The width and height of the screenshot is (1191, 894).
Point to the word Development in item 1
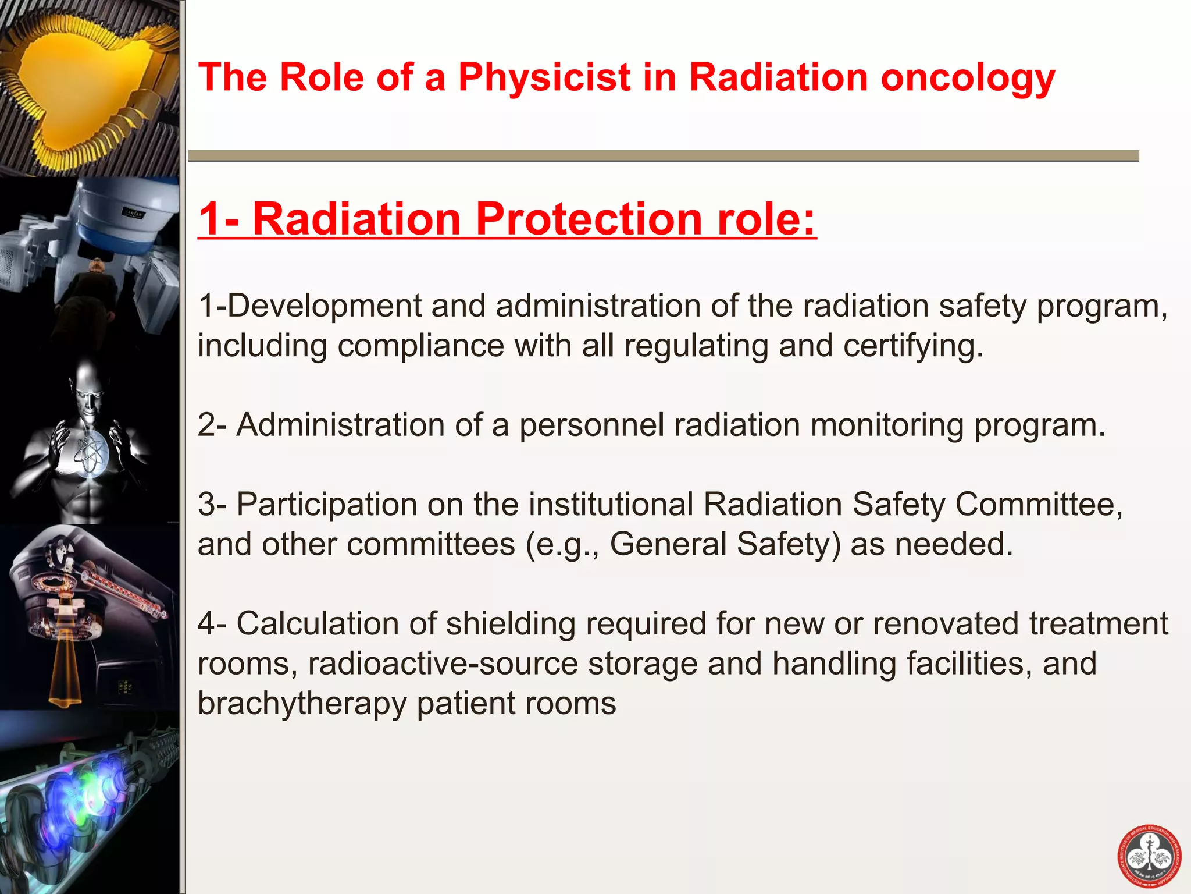pos(324,306)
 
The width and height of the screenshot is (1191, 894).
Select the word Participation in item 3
pos(327,504)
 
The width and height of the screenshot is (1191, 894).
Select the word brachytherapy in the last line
pos(302,703)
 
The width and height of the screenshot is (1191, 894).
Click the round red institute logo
pos(1149,857)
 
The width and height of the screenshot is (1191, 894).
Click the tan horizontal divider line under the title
pos(663,155)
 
